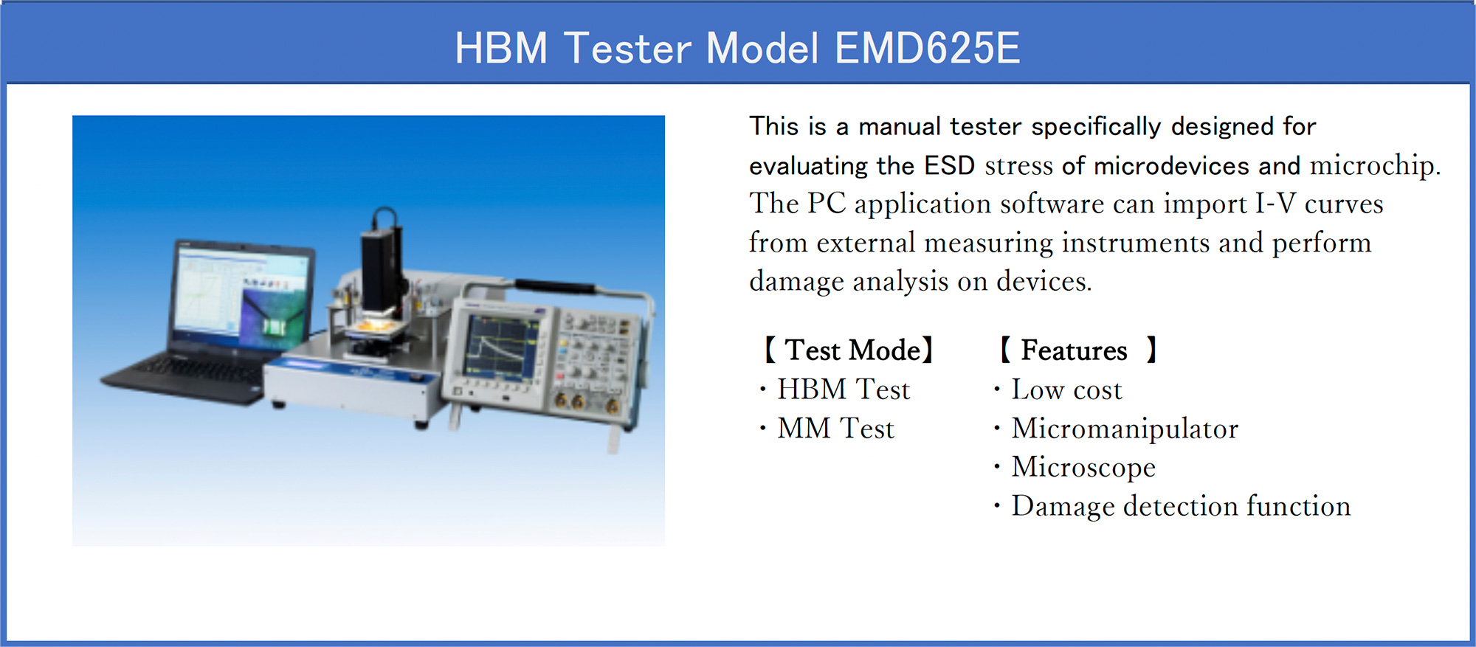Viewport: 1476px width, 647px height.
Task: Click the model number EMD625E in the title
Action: click(x=927, y=48)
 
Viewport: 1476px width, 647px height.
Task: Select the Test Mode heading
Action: click(x=849, y=350)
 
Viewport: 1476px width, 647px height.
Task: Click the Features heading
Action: click(x=1077, y=350)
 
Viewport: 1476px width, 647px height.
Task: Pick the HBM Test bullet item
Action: click(x=844, y=390)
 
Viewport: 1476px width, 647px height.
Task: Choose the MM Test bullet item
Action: click(x=835, y=429)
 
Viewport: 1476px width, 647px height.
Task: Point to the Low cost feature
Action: click(x=1066, y=390)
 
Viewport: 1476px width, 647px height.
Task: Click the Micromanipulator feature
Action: click(x=1125, y=429)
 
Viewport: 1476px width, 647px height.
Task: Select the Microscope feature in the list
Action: click(x=1083, y=467)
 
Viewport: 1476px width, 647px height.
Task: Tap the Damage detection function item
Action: click(x=1181, y=506)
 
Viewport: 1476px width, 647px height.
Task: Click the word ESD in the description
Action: click(x=950, y=165)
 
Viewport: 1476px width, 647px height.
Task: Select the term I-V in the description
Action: click(x=1275, y=204)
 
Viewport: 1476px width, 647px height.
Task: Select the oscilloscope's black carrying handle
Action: click(x=555, y=286)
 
